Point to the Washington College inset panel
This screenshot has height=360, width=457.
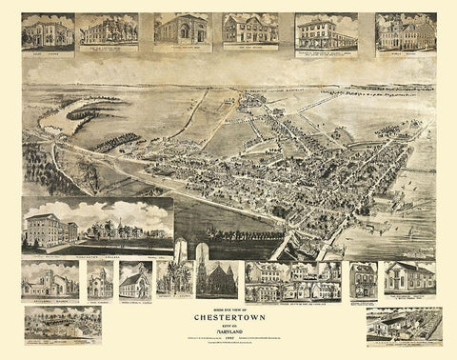pyautogui.click(x=95, y=227)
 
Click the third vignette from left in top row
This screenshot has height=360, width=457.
pyautogui.click(x=182, y=30)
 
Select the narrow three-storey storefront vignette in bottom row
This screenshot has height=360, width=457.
pyautogui.click(x=363, y=279)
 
